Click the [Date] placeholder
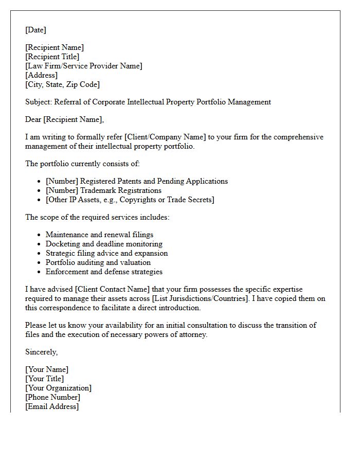35,30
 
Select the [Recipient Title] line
52,57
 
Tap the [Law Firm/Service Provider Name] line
84,66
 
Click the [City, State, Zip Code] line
62,84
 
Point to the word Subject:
39,102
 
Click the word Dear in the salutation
33,119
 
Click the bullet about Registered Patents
136,181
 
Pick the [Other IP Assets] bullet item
130,200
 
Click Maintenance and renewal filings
99,235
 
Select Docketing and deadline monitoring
104,244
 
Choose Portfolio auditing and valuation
98,262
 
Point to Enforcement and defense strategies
104,272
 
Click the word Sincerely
41,352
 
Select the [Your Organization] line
58,388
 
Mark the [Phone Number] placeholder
52,397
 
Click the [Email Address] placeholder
52,406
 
